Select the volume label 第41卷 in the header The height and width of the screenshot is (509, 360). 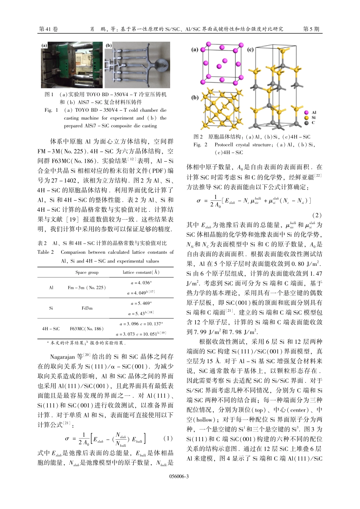click(49, 29)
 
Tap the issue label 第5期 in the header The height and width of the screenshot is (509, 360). click(311, 29)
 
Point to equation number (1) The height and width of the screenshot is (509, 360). click(168, 438)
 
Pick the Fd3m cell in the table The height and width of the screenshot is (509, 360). click(87, 308)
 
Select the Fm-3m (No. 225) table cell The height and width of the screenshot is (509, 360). click(87, 287)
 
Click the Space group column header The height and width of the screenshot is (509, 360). click(87, 272)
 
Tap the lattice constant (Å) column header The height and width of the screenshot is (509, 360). click(141, 272)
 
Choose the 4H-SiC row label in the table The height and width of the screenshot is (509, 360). click(51, 329)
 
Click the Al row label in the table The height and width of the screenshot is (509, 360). click(51, 287)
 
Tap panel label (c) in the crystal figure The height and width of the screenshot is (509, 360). click(250, 50)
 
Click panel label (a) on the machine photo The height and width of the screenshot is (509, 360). click(45, 45)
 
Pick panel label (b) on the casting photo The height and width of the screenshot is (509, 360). click(109, 45)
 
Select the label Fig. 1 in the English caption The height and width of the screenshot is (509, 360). click(51, 110)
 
